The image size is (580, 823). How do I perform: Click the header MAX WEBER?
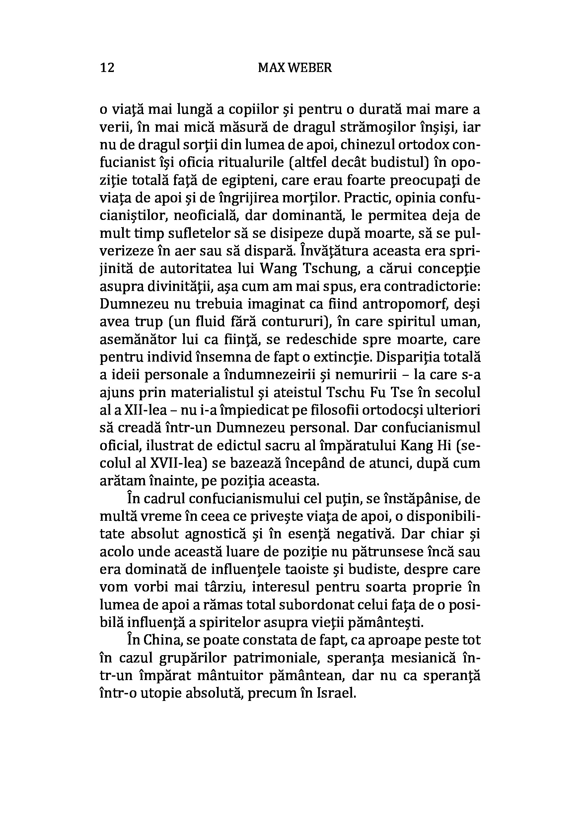pos(295,67)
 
